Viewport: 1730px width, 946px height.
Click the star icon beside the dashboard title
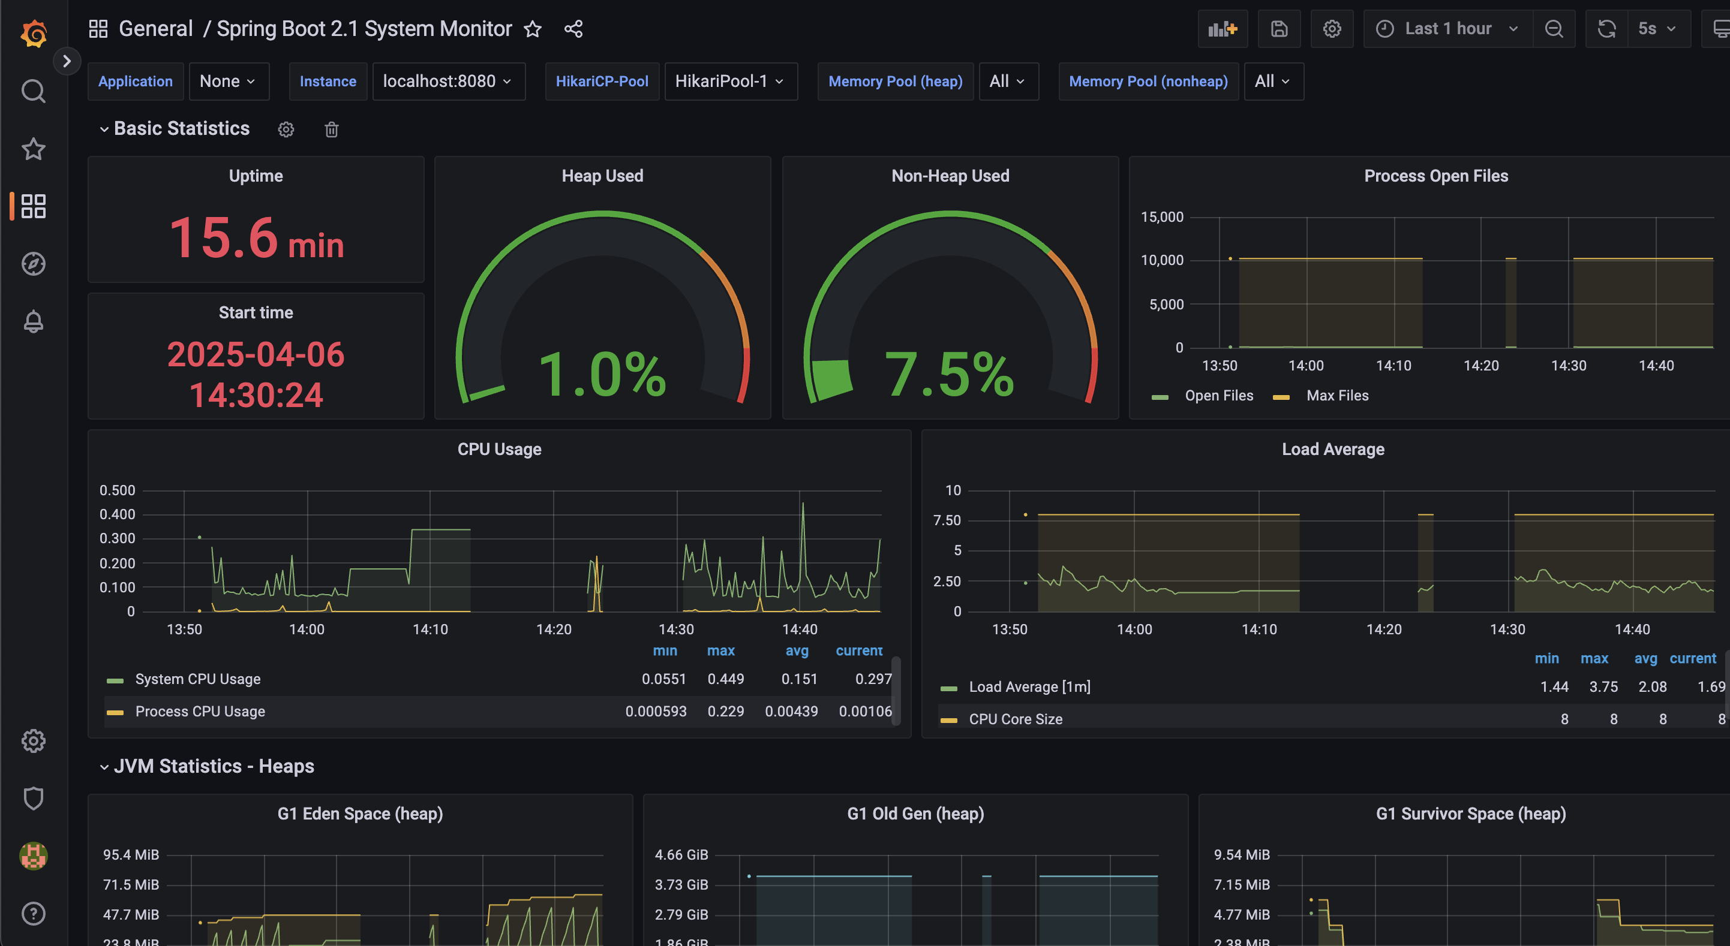click(x=533, y=29)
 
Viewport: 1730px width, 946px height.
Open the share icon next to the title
click(x=573, y=29)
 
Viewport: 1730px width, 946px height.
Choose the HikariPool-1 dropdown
click(x=730, y=82)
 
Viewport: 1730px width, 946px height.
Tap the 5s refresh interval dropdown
click(x=1657, y=29)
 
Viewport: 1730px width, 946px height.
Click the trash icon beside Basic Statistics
click(x=332, y=129)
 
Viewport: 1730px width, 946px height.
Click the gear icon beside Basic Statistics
click(x=286, y=129)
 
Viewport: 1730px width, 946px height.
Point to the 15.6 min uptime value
click(x=256, y=239)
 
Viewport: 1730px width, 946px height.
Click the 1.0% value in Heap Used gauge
click(x=602, y=374)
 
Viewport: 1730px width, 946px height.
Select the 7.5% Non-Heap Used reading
click(x=949, y=374)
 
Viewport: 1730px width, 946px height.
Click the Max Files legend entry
click(x=1336, y=396)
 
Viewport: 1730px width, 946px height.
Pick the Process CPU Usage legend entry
click(x=200, y=711)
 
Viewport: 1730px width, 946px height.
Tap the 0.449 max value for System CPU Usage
click(x=725, y=679)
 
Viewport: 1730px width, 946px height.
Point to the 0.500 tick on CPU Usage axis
click(x=118, y=490)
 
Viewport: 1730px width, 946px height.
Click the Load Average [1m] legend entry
click(x=1029, y=687)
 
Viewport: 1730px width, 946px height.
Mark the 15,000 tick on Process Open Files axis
click(x=1162, y=217)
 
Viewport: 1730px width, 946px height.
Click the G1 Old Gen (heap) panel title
click(x=915, y=814)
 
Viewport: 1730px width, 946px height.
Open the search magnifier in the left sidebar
click(x=33, y=91)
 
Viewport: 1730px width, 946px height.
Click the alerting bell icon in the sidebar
click(x=33, y=321)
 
